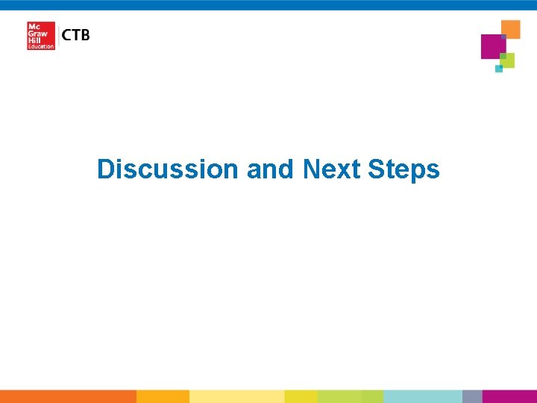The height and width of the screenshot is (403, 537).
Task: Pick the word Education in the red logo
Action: pos(41,46)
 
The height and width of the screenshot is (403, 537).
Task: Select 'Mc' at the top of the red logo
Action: pos(33,26)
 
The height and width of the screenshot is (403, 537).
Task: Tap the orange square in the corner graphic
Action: pos(511,28)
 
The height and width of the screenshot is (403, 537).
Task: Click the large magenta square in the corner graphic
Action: pos(493,46)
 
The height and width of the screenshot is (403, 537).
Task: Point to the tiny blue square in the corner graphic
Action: pos(499,69)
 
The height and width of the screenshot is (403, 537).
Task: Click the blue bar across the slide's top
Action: pos(268,4)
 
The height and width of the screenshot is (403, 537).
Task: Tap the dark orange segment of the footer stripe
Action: pos(68,396)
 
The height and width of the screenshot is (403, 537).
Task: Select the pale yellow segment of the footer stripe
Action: pos(236,396)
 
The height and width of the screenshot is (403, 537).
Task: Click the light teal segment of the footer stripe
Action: pos(422,396)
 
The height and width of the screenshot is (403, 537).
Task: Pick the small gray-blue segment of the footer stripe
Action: pos(472,396)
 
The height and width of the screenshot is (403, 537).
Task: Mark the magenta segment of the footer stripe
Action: pos(509,396)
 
